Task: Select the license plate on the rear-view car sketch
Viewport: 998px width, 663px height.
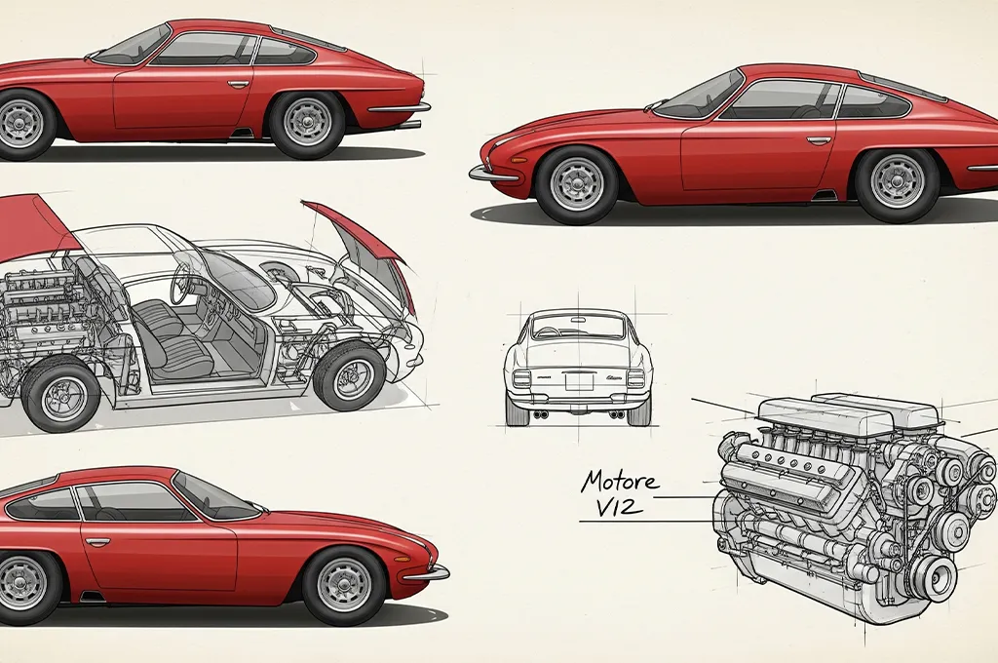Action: tap(579, 381)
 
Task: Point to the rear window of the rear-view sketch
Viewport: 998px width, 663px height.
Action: tap(578, 328)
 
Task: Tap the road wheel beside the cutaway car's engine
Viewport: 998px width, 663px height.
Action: tap(60, 396)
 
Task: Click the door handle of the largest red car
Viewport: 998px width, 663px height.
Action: tap(819, 140)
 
